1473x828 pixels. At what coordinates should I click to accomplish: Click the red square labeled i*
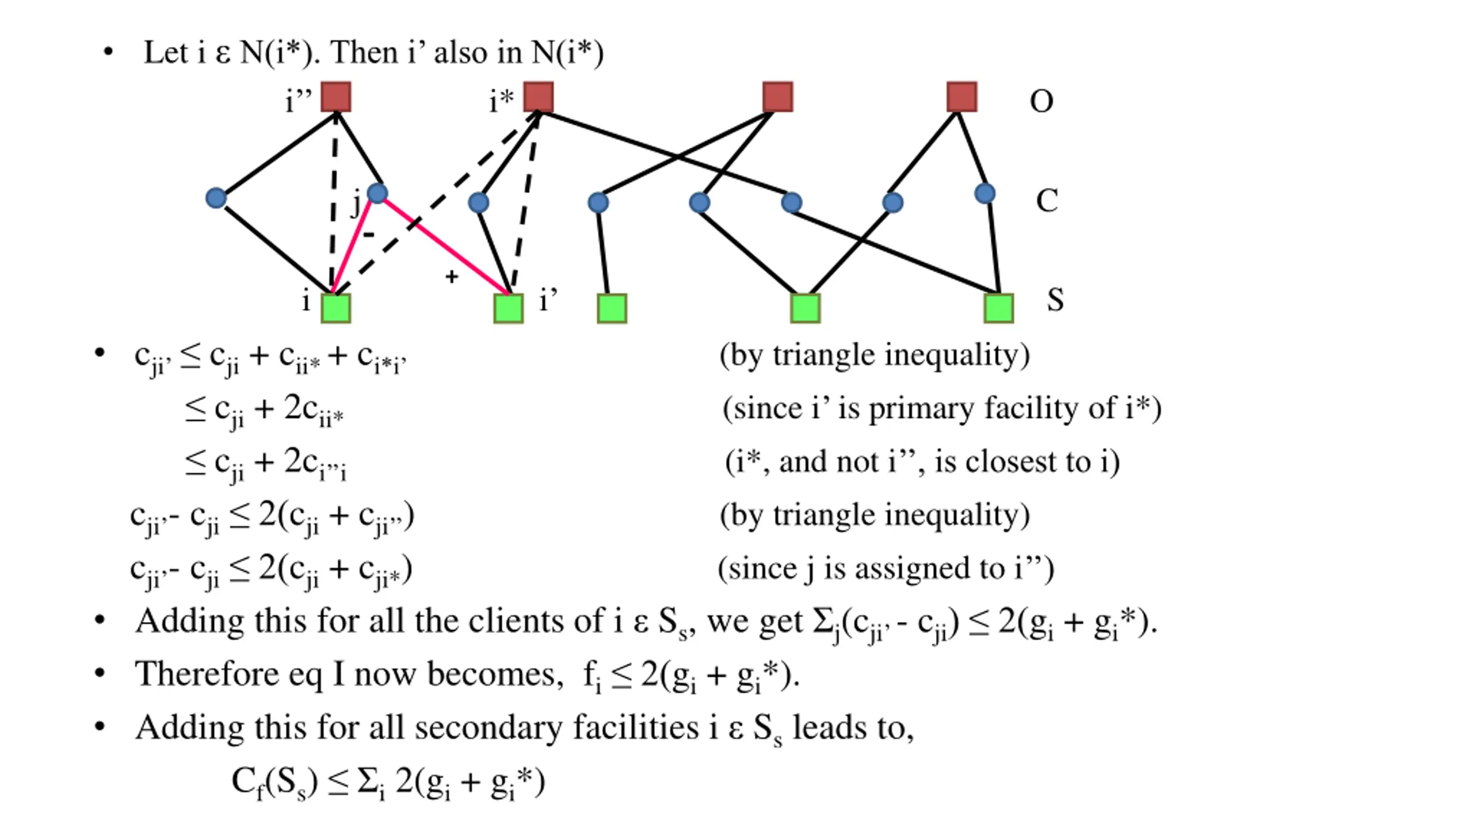pos(538,97)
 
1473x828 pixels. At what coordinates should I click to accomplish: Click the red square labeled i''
pos(335,97)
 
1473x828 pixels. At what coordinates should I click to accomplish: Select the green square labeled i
pos(335,308)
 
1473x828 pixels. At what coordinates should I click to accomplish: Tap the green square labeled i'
pos(509,308)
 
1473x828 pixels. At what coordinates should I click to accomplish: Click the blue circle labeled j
pos(377,193)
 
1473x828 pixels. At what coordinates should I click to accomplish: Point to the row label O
pos(1041,101)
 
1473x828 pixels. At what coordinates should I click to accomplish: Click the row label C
pos(1047,201)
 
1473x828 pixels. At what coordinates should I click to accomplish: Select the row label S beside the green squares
pos(1055,300)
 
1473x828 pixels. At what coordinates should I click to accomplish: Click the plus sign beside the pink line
pos(452,277)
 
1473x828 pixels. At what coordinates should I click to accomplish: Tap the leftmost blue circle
pos(216,198)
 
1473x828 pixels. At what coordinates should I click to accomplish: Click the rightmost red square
pos(961,97)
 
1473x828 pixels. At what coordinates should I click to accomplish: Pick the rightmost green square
pos(998,308)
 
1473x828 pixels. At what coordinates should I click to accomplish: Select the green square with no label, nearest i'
pos(612,308)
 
